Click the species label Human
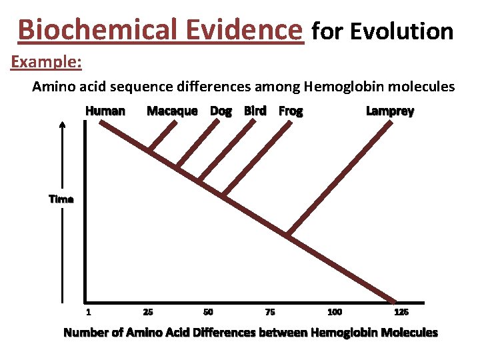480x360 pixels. pyautogui.click(x=105, y=111)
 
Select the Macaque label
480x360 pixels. pyautogui.click(x=172, y=111)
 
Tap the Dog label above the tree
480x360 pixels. pyautogui.click(x=221, y=111)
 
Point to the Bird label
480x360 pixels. pyautogui.click(x=255, y=111)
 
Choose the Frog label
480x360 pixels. pyautogui.click(x=291, y=111)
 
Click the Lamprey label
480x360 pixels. pyautogui.click(x=390, y=111)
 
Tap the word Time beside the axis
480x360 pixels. pyautogui.click(x=61, y=199)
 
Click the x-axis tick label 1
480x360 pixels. pyautogui.click(x=88, y=312)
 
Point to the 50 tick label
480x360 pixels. pyautogui.click(x=208, y=312)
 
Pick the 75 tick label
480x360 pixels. pyautogui.click(x=269, y=312)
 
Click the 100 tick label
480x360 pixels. pyautogui.click(x=335, y=312)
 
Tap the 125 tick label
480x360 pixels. pyautogui.click(x=401, y=312)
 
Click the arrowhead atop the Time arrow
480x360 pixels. pyautogui.click(x=62, y=125)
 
